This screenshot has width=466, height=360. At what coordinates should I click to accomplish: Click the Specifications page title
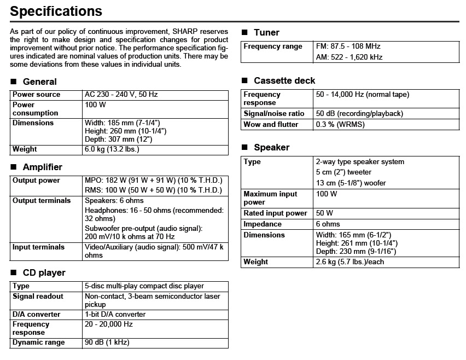tap(56, 11)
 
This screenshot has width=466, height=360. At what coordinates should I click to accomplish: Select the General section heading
tap(39, 82)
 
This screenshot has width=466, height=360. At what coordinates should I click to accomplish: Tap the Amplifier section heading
tap(43, 167)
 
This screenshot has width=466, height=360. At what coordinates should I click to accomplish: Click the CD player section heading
tap(44, 272)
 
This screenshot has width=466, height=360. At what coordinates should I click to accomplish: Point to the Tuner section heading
tap(266, 32)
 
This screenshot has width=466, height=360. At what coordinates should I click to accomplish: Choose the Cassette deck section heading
tap(284, 80)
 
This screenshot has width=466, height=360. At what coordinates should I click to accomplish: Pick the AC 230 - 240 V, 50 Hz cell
tap(121, 95)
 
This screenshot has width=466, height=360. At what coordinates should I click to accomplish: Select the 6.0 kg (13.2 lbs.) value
tap(112, 149)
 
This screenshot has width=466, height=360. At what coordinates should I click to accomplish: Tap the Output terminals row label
tap(42, 201)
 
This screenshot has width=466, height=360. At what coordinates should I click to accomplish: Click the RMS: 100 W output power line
tap(153, 190)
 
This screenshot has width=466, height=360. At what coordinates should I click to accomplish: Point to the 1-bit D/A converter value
tap(115, 315)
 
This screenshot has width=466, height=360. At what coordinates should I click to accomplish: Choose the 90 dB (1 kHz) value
tap(107, 342)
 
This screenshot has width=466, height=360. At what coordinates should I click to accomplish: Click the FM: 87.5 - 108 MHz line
tap(348, 47)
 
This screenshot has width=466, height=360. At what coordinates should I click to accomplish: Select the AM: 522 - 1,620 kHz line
tap(349, 57)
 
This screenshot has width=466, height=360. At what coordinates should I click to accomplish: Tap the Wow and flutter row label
tap(271, 124)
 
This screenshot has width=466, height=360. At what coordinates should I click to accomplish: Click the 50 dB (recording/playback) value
tap(359, 114)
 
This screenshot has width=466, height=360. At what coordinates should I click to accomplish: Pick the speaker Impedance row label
tap(263, 224)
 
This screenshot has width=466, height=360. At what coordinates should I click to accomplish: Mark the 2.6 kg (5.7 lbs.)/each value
tap(350, 262)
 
